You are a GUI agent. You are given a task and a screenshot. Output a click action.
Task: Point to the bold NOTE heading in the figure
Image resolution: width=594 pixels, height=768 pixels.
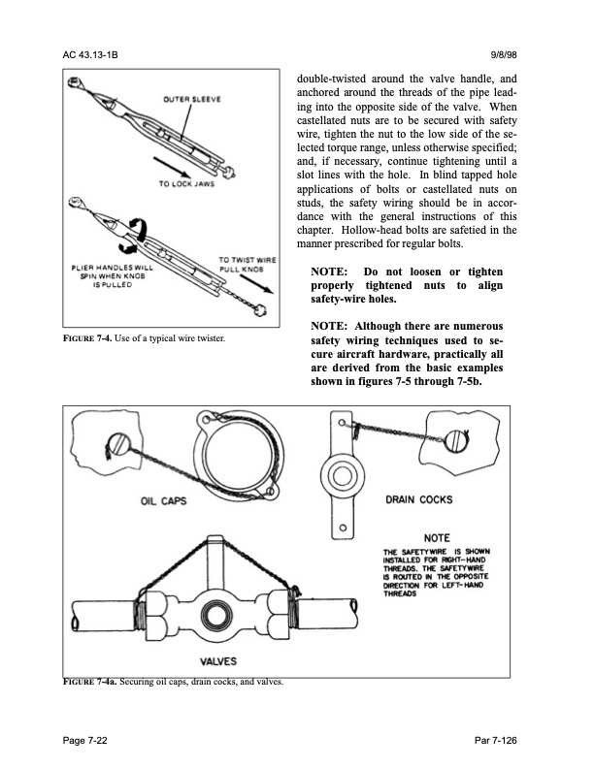430,538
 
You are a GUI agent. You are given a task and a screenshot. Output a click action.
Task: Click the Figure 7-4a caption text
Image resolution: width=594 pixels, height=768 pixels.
170,682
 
